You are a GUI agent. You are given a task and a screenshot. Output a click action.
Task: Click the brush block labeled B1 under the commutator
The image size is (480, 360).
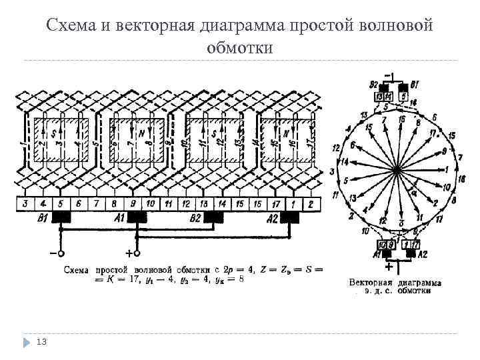tap(62, 217)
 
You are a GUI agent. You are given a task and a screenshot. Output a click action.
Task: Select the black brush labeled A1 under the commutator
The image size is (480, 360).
tap(137, 217)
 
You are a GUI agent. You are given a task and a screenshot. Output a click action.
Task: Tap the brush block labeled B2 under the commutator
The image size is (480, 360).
tap(214, 217)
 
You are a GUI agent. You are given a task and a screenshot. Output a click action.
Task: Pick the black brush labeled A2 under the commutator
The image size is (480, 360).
tap(290, 217)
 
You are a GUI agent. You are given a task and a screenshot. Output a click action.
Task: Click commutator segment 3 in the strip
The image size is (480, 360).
tap(25, 203)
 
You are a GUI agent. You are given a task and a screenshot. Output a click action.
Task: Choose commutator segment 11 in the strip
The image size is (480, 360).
tap(169, 203)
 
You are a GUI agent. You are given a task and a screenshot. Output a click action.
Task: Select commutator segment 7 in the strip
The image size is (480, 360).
tap(97, 203)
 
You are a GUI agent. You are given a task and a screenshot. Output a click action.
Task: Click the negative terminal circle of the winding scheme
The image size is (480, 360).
tap(59, 253)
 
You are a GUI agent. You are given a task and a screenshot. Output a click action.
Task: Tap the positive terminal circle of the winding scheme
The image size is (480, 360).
tap(137, 253)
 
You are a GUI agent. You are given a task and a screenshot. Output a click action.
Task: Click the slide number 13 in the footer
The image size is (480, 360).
tap(41, 342)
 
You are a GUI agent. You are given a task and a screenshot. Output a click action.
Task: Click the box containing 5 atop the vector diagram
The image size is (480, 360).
tap(403, 97)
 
